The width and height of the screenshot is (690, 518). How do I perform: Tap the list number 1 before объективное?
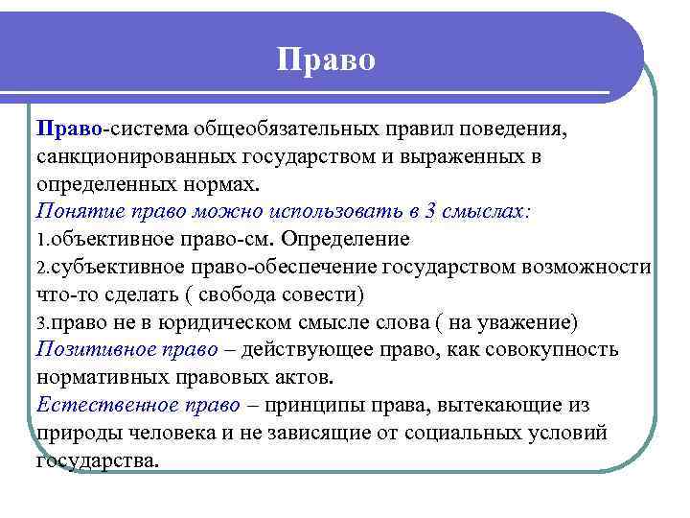coord(41,239)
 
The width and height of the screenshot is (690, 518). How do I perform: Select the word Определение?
coord(356,239)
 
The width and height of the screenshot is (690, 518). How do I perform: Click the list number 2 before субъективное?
coord(41,267)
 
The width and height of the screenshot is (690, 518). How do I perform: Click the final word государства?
coord(97,460)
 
